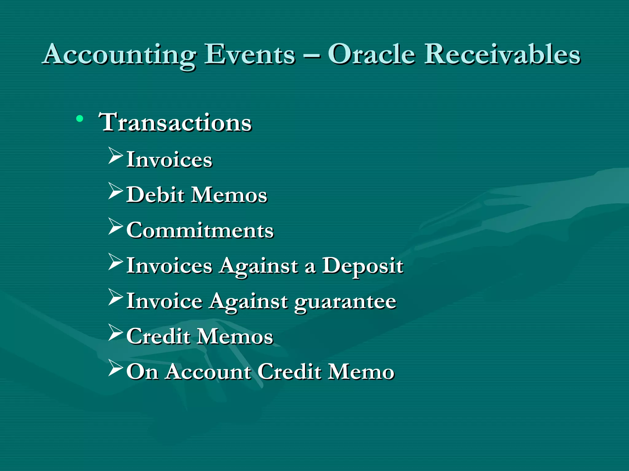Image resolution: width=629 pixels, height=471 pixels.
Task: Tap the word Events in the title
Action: tap(250, 55)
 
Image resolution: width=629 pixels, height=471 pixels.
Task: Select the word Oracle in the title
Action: tap(372, 55)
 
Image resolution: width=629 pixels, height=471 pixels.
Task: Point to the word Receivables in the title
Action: tap(502, 55)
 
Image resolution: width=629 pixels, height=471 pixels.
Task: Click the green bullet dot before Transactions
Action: tap(80, 119)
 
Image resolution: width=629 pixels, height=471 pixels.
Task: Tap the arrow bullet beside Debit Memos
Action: tap(115, 191)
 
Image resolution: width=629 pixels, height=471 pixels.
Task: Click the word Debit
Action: tap(155, 195)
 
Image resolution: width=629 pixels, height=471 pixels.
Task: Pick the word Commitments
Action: tap(200, 230)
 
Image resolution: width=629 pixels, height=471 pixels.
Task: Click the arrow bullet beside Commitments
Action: tap(115, 226)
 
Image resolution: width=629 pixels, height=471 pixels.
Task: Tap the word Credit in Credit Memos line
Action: tap(158, 336)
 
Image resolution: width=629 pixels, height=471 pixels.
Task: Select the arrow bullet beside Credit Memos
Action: tap(115, 333)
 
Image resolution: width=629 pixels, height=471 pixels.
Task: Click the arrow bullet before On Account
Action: tap(115, 368)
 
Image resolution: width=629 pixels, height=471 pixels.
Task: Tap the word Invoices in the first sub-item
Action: tap(169, 160)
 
